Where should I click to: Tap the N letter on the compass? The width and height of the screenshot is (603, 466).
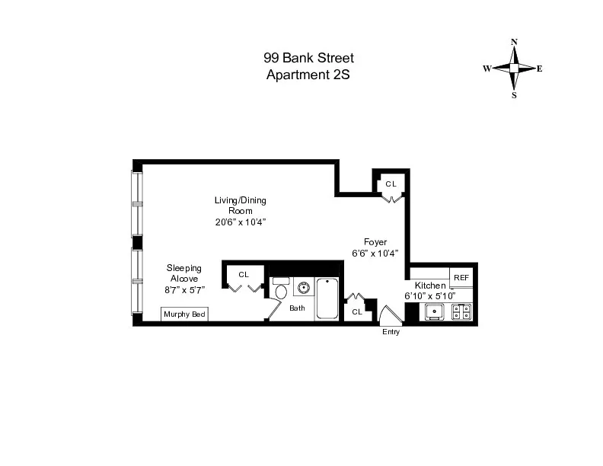[x=515, y=42]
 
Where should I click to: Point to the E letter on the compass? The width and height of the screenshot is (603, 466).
[x=540, y=69]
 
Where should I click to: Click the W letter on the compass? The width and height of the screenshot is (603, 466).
[x=486, y=69]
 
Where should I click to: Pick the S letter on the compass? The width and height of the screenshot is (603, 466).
[x=515, y=96]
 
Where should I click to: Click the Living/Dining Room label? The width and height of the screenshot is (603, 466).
[x=240, y=206]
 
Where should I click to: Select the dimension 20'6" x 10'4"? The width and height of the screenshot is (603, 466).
[x=240, y=222]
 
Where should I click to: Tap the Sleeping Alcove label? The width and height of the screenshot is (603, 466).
[x=184, y=273]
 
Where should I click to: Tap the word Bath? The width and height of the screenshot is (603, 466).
[x=297, y=308]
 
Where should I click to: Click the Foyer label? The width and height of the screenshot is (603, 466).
[x=375, y=242]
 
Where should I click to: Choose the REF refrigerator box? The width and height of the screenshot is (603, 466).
[x=461, y=278]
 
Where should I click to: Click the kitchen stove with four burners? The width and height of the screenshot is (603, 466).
[x=461, y=311]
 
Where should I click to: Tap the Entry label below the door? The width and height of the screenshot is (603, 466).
[x=391, y=332]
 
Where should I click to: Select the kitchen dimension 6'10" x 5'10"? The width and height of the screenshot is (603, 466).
[x=430, y=295]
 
